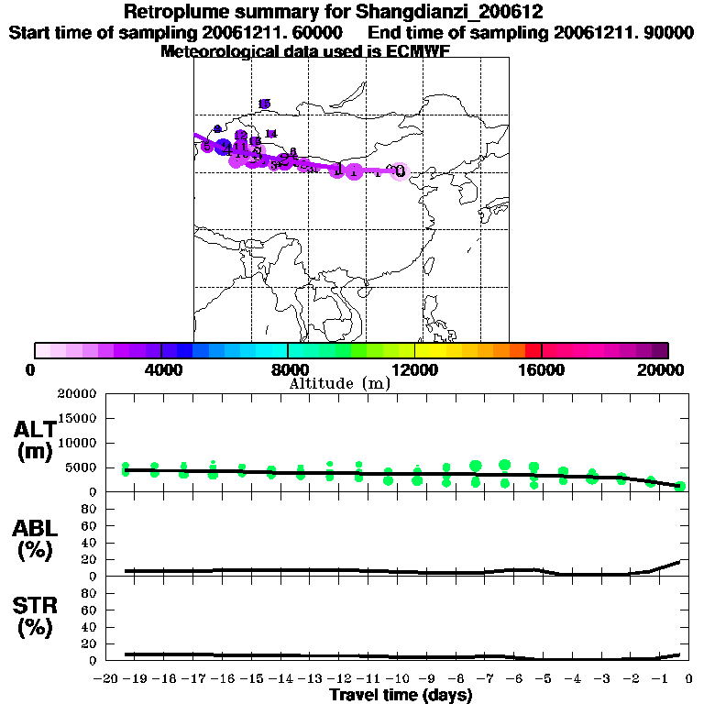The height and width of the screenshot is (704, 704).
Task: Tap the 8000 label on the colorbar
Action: coord(288,369)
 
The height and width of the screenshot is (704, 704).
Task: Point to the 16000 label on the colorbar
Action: coord(542,369)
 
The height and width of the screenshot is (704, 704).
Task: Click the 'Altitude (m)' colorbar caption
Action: coord(339,383)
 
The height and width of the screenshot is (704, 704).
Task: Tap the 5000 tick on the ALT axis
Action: coord(81,467)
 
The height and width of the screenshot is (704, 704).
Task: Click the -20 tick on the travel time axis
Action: coord(106,679)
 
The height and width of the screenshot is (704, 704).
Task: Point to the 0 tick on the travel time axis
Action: coord(687,679)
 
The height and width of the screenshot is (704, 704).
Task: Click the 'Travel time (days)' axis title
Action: coord(401,696)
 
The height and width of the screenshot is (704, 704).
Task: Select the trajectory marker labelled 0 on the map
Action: coord(400,171)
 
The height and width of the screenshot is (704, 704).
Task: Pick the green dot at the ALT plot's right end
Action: coord(681,486)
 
